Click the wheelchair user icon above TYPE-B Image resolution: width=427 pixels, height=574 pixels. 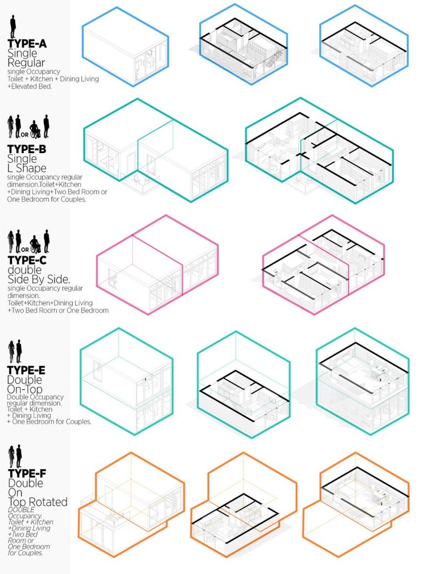point(35,131)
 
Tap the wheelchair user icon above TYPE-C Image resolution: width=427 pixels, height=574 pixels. point(35,244)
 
